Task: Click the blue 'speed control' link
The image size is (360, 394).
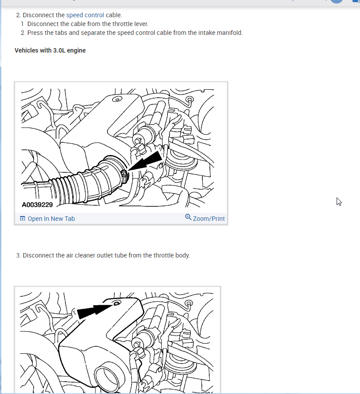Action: coord(85,15)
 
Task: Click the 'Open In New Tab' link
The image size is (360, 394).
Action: coord(51,219)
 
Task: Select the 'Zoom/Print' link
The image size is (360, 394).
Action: coord(209,219)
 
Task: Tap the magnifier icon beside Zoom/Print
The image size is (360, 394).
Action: coord(188,217)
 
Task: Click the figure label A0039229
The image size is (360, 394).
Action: coord(37,205)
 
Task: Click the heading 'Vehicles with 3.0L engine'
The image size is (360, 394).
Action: coord(50,50)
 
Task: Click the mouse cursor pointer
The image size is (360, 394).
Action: coord(339,201)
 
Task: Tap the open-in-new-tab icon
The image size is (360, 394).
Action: coord(23,218)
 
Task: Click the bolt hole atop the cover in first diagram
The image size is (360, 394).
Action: coord(117,99)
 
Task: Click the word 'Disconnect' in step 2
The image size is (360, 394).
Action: coord(38,15)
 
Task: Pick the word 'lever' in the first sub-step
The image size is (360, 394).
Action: coord(142,24)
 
